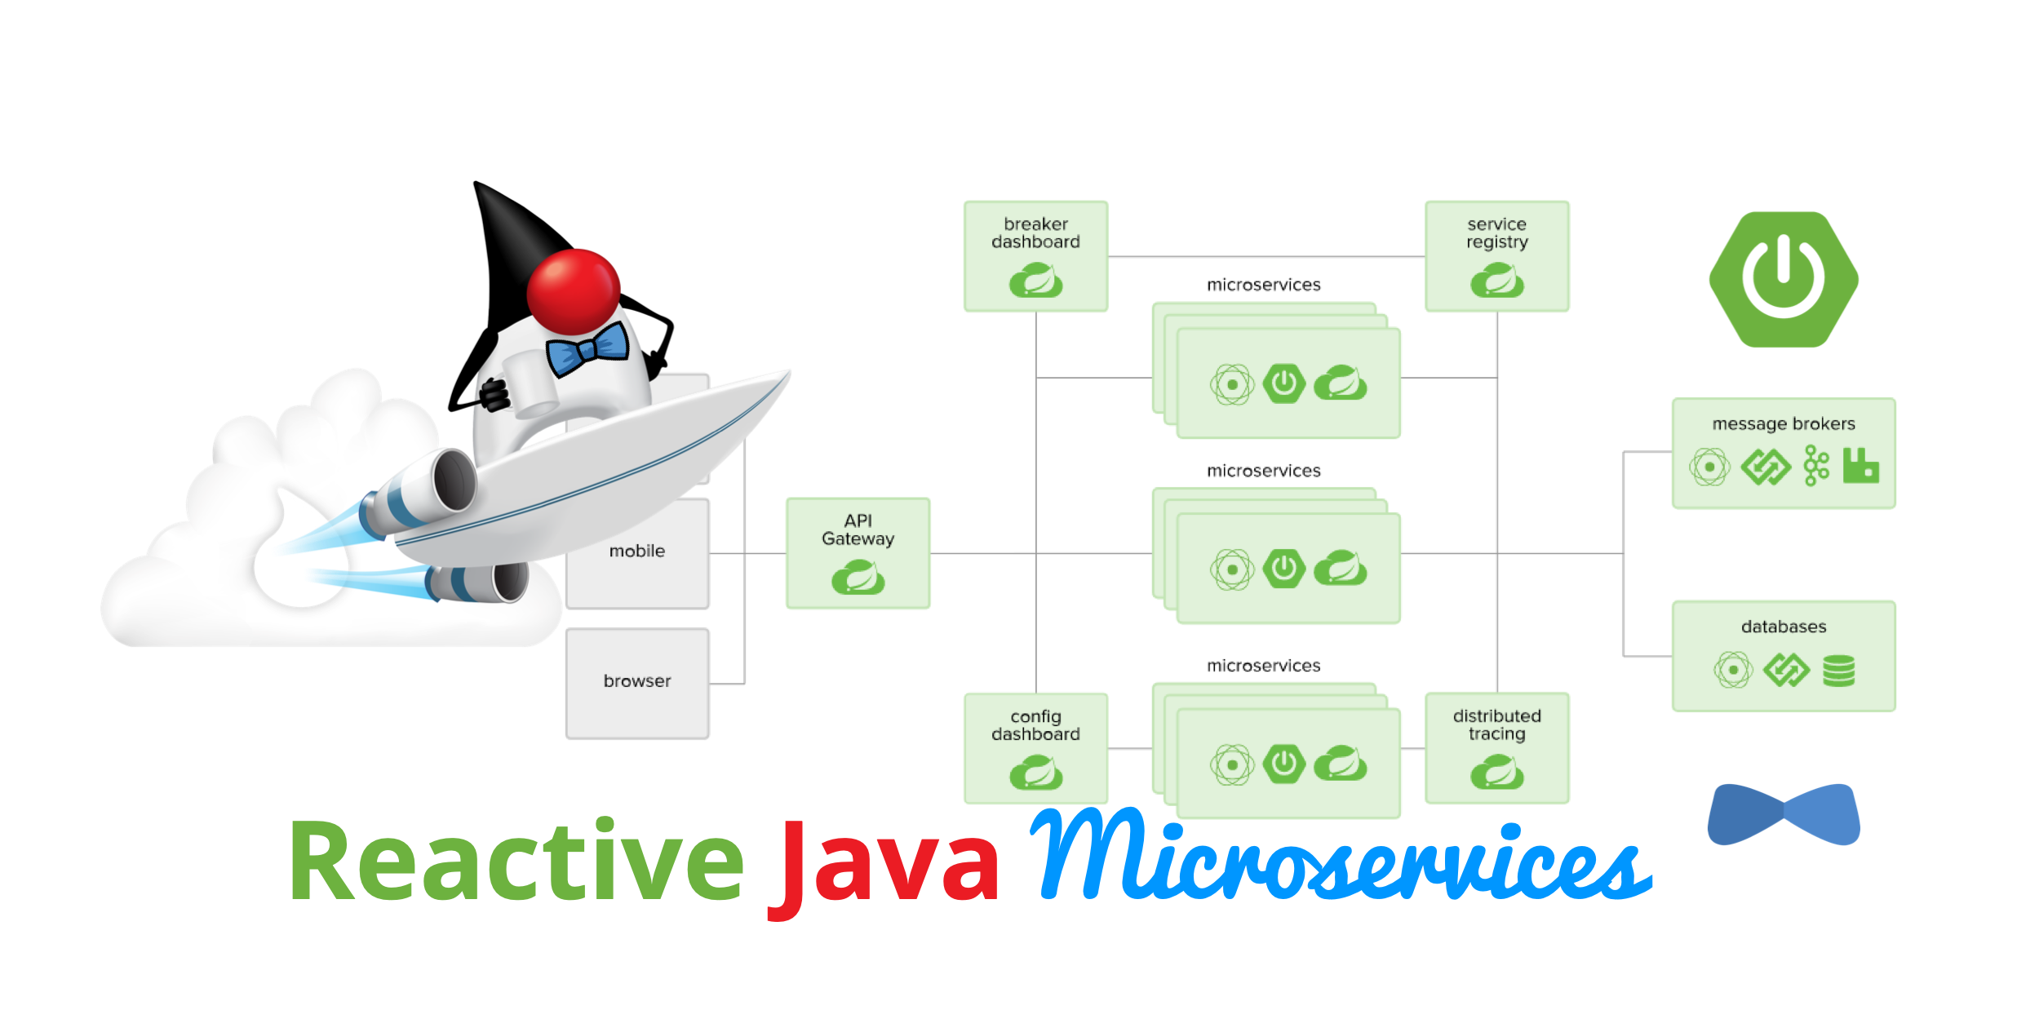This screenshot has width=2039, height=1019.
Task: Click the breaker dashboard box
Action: tap(1035, 256)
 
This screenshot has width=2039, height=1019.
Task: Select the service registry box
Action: tap(1496, 256)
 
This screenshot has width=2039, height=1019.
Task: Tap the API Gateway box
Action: tap(858, 553)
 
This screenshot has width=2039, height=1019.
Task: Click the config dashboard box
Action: tap(1035, 747)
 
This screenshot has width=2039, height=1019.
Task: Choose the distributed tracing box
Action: tap(1496, 747)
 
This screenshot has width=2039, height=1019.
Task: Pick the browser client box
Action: tap(637, 684)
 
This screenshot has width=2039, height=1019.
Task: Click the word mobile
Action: tap(637, 552)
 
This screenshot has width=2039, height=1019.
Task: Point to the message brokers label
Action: tap(1784, 424)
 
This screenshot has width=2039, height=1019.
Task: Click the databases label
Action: tap(1784, 627)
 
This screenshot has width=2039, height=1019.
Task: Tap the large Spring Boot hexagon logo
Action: tap(1784, 279)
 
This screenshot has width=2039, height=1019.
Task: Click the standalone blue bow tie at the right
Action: tap(1784, 814)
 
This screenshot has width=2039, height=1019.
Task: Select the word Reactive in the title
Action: tap(516, 862)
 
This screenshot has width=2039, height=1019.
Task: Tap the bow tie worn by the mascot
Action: tap(587, 349)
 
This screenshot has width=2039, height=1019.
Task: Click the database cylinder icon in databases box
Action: tap(1839, 671)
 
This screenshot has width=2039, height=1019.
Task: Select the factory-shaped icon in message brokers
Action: tap(1860, 467)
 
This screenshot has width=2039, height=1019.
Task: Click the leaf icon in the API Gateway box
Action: tap(858, 578)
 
